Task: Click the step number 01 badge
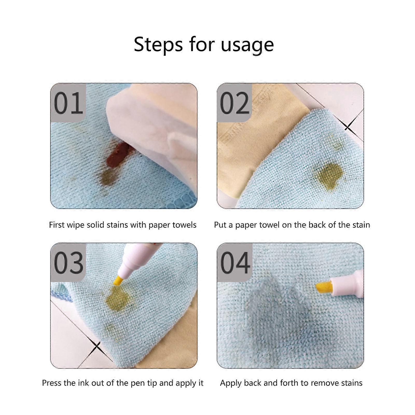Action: pos(68,103)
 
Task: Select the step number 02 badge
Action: pos(234,103)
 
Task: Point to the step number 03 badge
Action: pos(68,262)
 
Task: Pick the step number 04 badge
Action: pos(234,262)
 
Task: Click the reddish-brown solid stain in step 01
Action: pos(120,155)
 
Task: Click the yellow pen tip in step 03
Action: pos(118,281)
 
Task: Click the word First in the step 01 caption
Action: pos(57,225)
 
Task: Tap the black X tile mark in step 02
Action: pos(348,126)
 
